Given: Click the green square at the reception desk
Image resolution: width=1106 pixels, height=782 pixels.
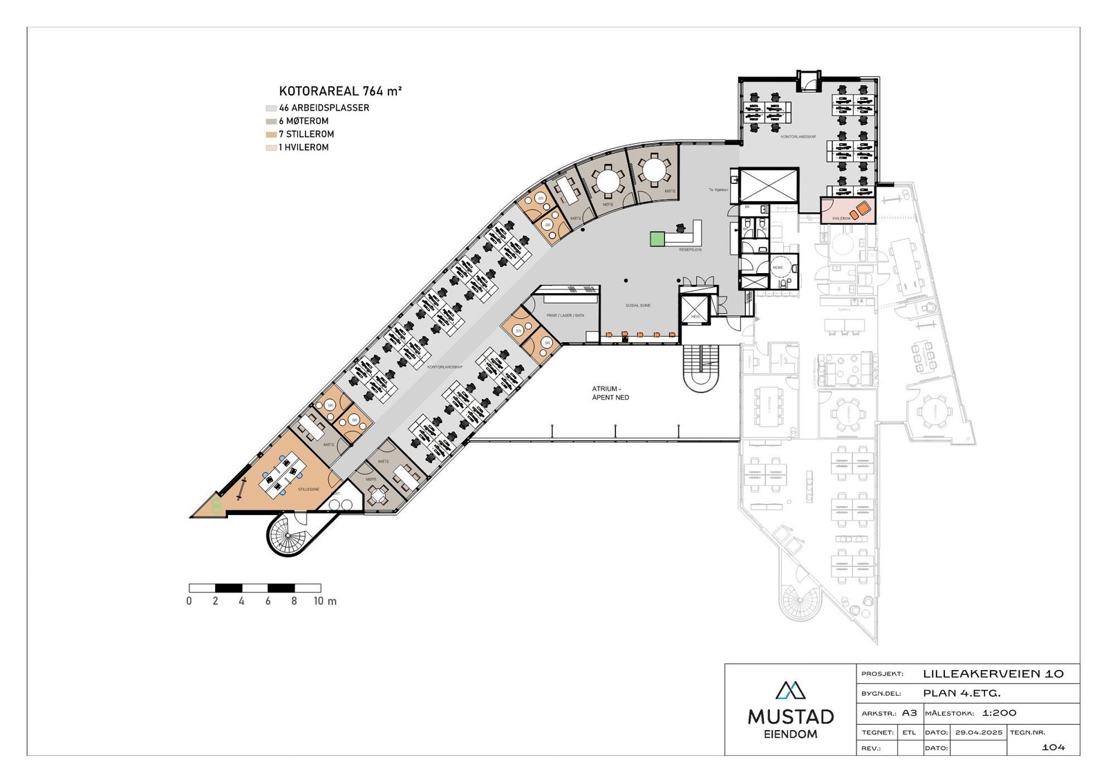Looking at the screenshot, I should pos(656,239).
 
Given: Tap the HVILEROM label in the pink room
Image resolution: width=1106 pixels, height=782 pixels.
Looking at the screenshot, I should pos(841,218).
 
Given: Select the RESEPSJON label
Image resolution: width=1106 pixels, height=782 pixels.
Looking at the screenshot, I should pos(690,250).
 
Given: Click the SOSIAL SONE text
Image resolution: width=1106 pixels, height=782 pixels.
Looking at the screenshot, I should pos(638,305).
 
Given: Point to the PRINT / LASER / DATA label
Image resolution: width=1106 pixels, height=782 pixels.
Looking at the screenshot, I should pos(565,315).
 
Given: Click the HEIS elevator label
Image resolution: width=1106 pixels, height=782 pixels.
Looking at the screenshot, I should pos(695,317).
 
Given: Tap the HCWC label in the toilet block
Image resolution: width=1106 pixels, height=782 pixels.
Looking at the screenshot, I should pos(778,267).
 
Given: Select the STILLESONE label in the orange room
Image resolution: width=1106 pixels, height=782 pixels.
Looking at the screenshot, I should pos(309,489).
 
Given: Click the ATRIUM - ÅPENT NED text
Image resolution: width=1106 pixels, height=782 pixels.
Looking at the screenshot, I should pos(610,393).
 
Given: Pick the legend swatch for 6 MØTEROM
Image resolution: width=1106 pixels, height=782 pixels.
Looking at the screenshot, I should pos(271,121).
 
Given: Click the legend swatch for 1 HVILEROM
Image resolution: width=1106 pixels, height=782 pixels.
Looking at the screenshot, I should pos(271,147).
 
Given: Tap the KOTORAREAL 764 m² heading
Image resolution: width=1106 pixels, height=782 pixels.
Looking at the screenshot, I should pos(340,91).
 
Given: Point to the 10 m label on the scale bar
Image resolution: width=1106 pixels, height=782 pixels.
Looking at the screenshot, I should pos(325,601).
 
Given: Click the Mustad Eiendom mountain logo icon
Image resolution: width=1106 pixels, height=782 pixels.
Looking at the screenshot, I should pos(790,689).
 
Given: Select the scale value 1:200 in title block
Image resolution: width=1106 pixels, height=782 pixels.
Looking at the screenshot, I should pos(999,713).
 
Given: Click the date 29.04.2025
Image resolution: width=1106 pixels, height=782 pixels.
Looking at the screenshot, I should pos(978,732).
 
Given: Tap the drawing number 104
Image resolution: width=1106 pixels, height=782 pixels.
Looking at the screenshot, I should pos(1053,747).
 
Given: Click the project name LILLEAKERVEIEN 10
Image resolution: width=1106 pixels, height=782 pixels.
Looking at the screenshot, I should pos(993,673).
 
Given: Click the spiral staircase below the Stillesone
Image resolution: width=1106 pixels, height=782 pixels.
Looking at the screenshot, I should pos(288,535).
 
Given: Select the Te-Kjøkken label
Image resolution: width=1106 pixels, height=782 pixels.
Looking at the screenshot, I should pos(720,189).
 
